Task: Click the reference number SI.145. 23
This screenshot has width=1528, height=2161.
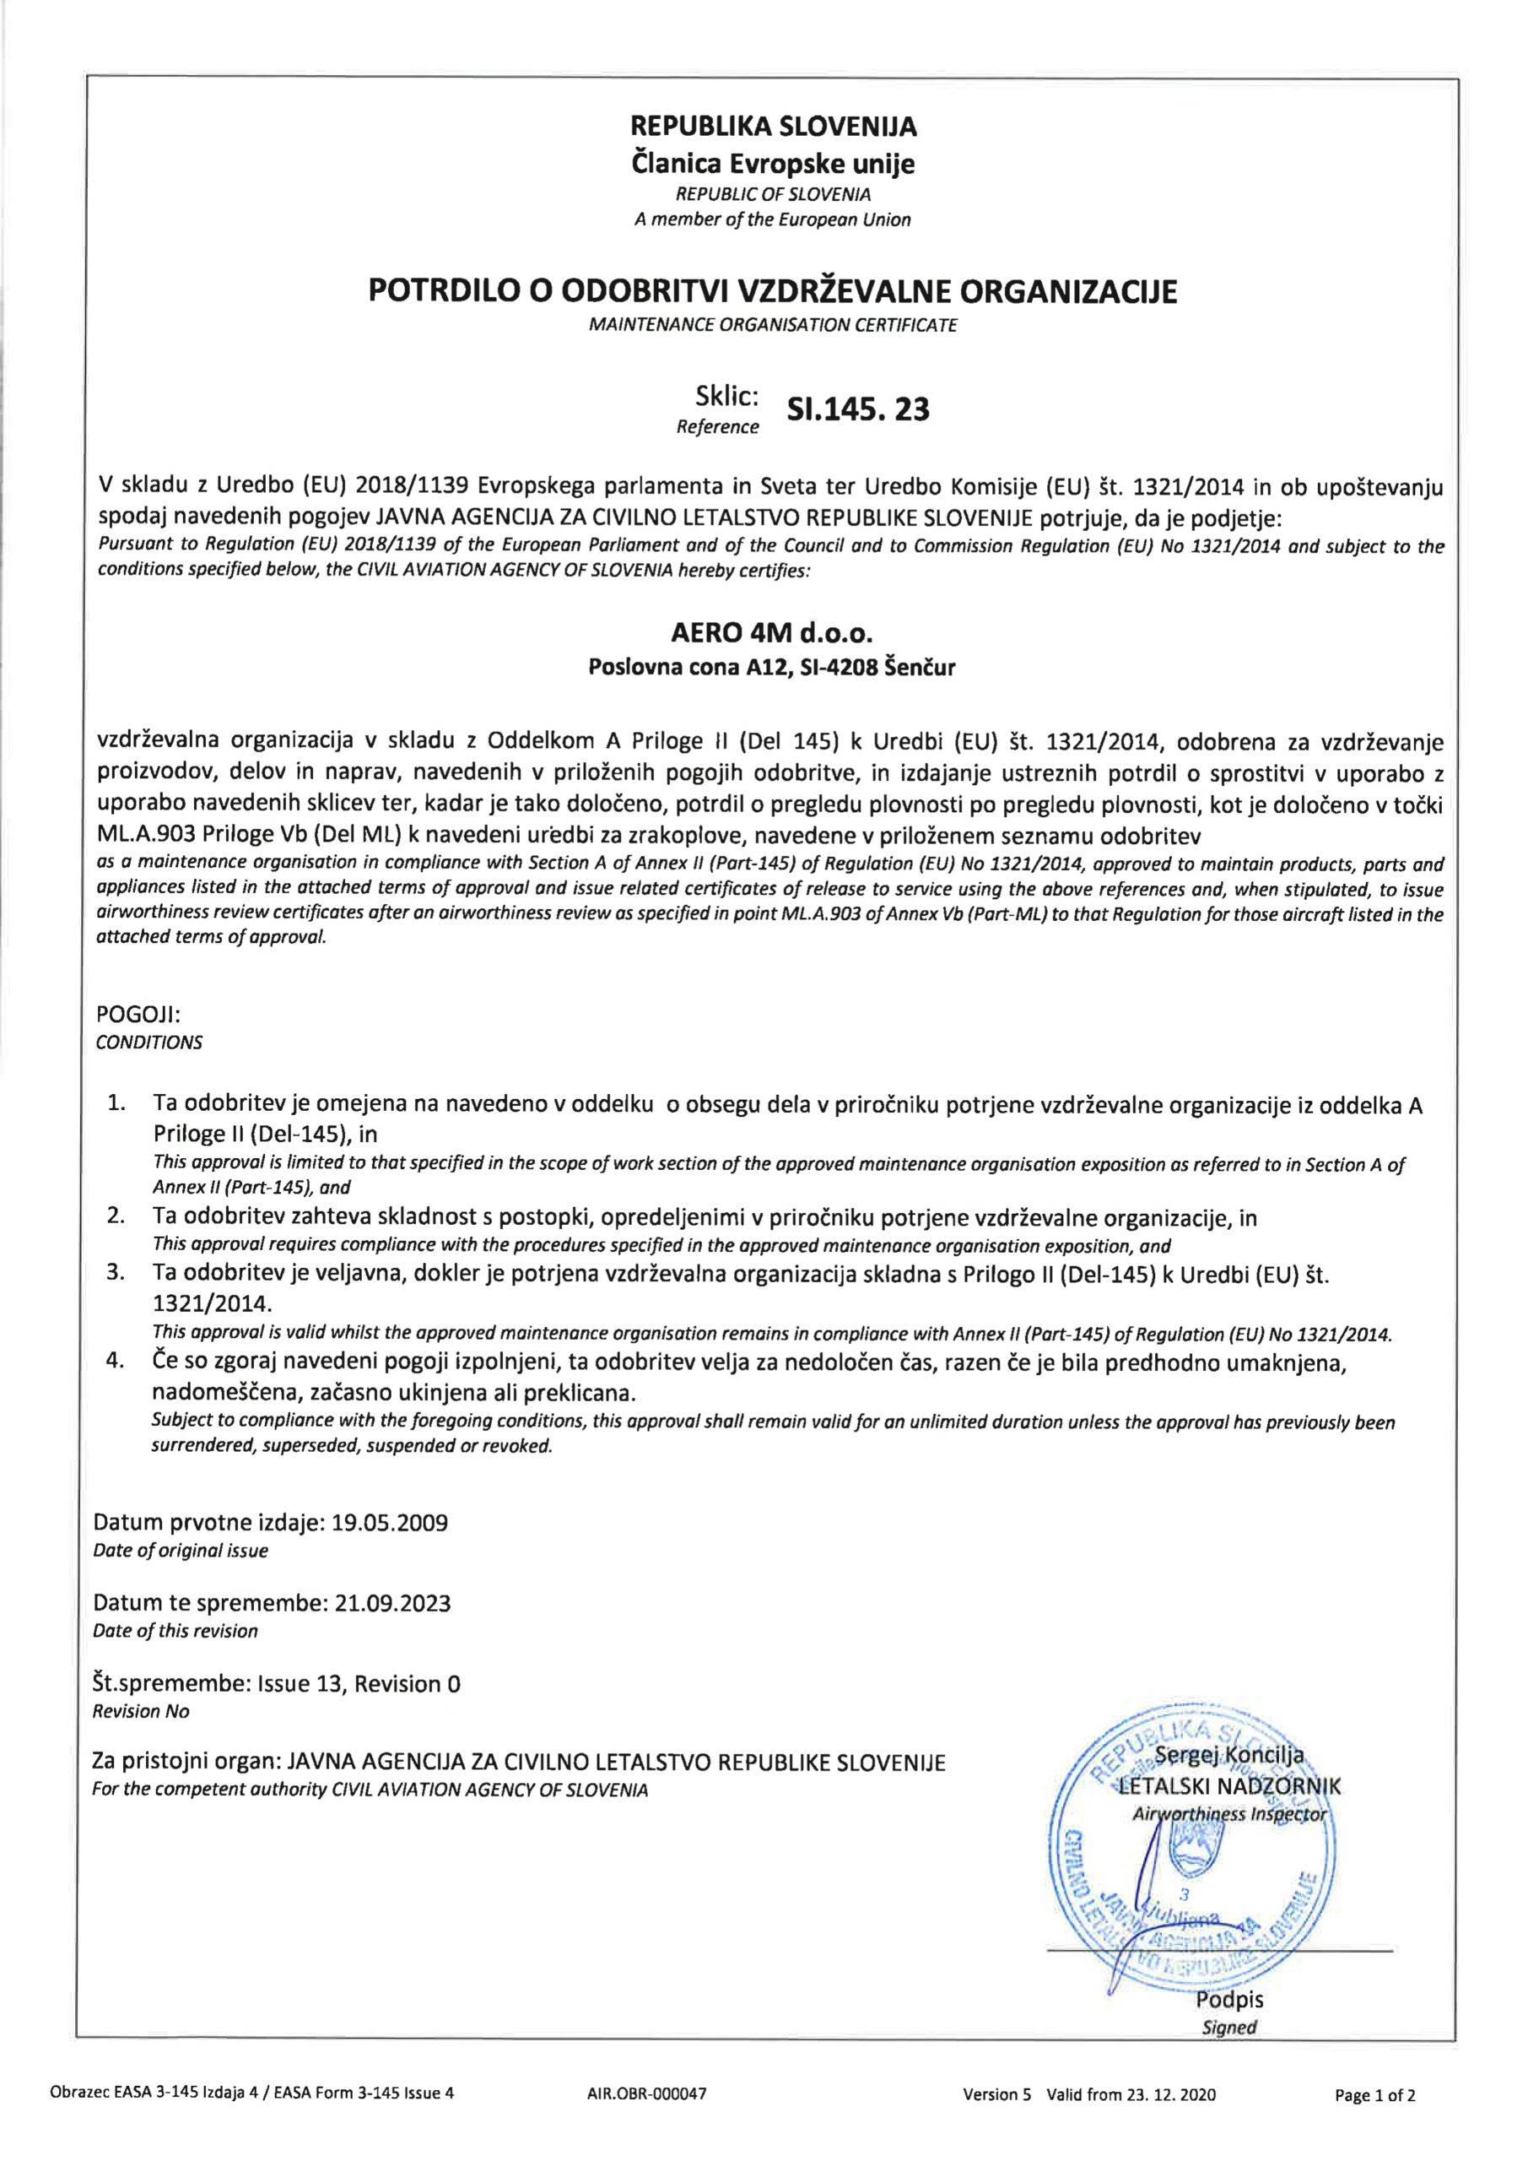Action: (857, 410)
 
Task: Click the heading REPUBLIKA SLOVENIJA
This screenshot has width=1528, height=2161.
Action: (773, 126)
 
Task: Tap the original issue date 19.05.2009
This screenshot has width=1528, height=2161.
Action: (391, 1523)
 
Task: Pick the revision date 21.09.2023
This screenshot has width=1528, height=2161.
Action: (392, 1603)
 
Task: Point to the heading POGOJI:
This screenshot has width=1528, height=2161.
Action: (138, 1016)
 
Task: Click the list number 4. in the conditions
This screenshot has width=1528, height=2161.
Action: (115, 1362)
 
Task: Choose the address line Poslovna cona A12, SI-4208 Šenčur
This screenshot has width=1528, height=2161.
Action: (771, 668)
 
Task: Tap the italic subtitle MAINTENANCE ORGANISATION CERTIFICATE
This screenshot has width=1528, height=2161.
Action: (773, 326)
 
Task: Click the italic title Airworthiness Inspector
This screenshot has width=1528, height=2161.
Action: (1229, 1814)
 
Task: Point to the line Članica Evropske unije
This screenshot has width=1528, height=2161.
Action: (773, 165)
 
